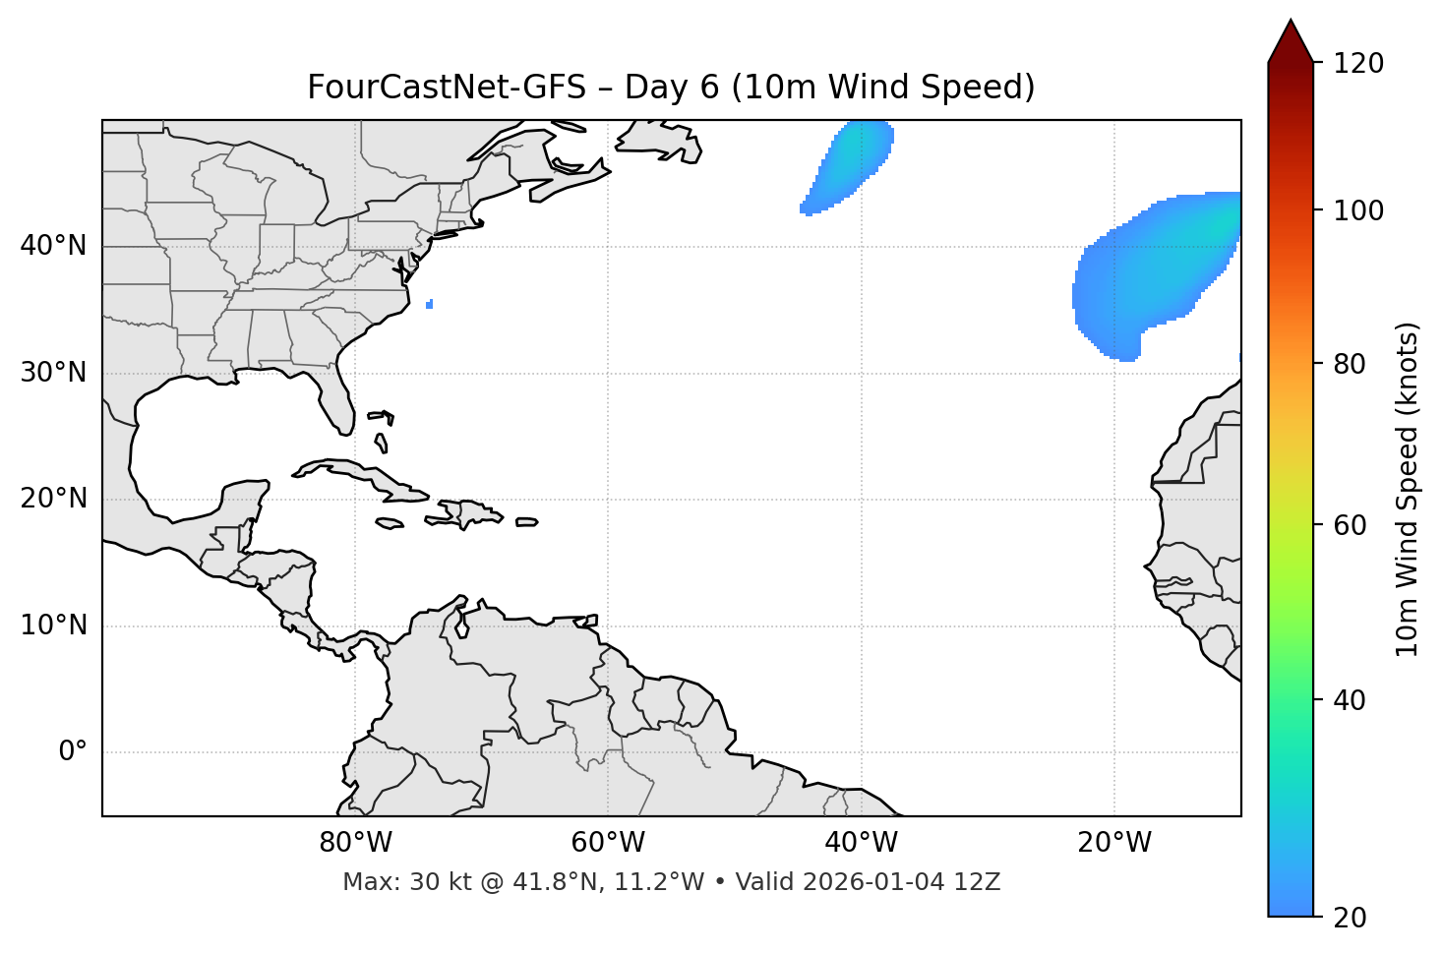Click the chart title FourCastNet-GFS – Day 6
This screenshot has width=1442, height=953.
click(671, 88)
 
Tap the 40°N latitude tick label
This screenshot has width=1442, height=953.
click(53, 246)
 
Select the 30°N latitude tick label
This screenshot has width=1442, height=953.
click(53, 373)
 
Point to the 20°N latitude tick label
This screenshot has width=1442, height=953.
click(53, 500)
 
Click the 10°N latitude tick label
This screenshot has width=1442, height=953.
click(53, 625)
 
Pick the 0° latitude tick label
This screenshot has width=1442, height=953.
click(72, 752)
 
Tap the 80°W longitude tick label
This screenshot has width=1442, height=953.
click(355, 843)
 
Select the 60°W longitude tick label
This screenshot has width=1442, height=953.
click(608, 843)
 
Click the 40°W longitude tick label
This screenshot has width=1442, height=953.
click(862, 843)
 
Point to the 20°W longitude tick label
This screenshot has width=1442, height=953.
click(1114, 843)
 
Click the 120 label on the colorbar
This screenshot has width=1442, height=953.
click(1358, 64)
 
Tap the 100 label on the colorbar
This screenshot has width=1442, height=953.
click(1358, 210)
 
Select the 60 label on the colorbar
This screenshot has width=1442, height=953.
click(1350, 525)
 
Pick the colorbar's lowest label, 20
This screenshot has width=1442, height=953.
click(1350, 918)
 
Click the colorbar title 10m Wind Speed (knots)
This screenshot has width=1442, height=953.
click(1408, 489)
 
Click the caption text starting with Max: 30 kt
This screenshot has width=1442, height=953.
click(671, 882)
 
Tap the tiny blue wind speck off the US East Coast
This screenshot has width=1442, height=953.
click(430, 305)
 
